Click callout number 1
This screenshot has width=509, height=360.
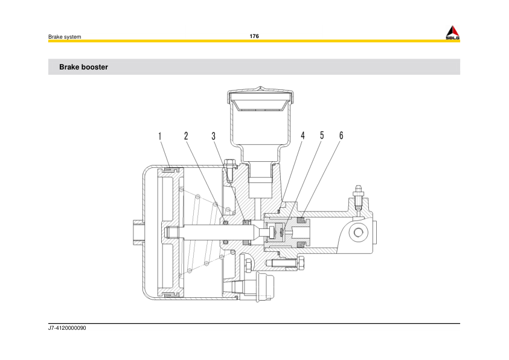click(160, 136)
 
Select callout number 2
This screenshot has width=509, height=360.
click(186, 136)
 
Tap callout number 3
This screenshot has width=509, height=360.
click(214, 136)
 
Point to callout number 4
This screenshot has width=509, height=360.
click(303, 136)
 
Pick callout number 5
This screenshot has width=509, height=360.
click(322, 136)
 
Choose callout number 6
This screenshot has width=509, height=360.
click(341, 136)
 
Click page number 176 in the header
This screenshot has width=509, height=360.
click(254, 36)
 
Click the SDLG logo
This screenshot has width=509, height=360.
click(453, 33)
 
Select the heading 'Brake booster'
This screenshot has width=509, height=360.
click(83, 67)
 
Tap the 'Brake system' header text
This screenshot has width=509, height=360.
click(65, 37)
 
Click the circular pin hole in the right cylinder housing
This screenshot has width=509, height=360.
click(359, 233)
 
